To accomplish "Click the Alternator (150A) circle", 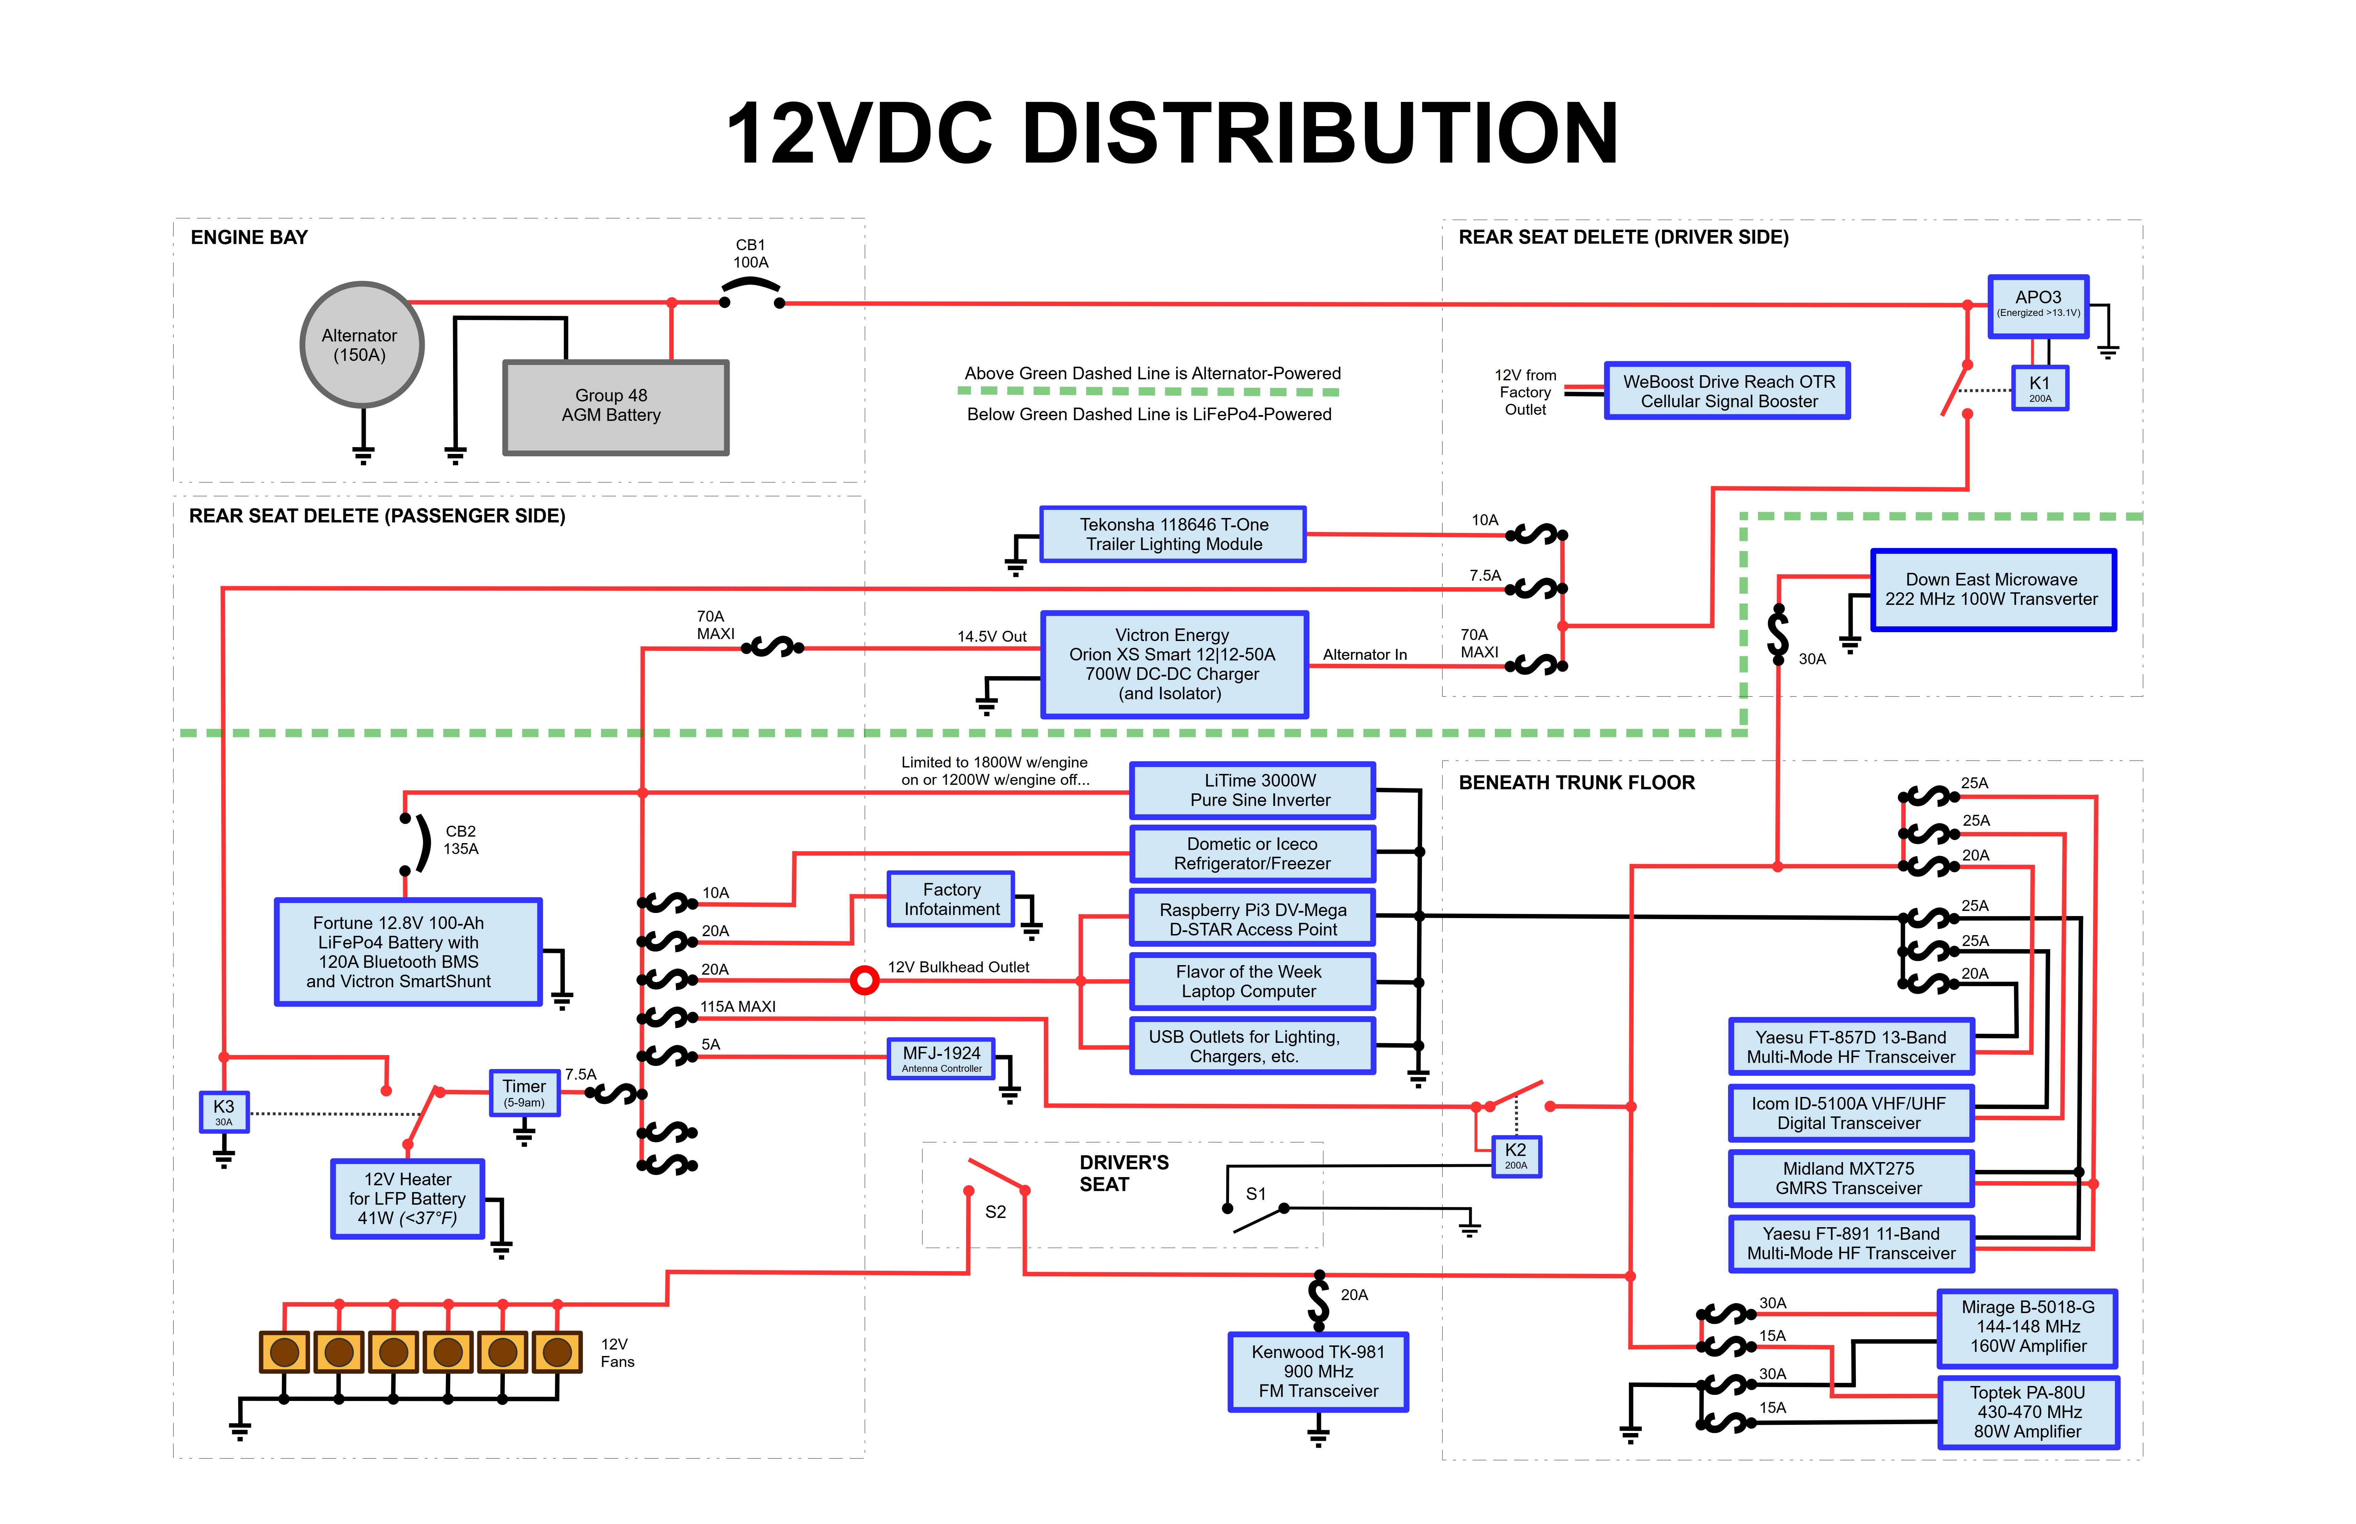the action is (x=362, y=345).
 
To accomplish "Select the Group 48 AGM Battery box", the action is (x=616, y=407).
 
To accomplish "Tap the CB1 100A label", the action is (x=750, y=253).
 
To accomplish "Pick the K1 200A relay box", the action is (x=2040, y=388).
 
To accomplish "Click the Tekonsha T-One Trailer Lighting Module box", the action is (x=1173, y=534).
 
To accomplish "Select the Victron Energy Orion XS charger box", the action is (x=1174, y=664).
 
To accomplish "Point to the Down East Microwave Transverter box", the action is (x=1993, y=590).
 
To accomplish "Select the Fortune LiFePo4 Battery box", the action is (x=408, y=952).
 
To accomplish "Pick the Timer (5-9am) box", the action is (x=525, y=1093).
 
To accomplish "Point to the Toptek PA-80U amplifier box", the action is (x=2028, y=1412).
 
